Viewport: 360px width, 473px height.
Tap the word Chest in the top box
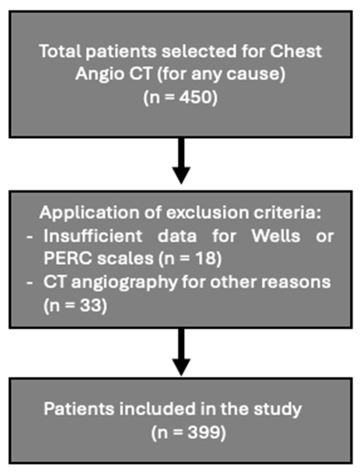pos(296,51)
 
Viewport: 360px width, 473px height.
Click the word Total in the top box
pos(60,51)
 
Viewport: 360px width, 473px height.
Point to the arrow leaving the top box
pos(181,161)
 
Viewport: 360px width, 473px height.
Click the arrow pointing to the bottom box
pos(181,352)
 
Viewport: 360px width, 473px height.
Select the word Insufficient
pos(93,236)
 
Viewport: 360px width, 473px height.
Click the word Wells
pos(276,236)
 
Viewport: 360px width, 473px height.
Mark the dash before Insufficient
pos(29,237)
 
